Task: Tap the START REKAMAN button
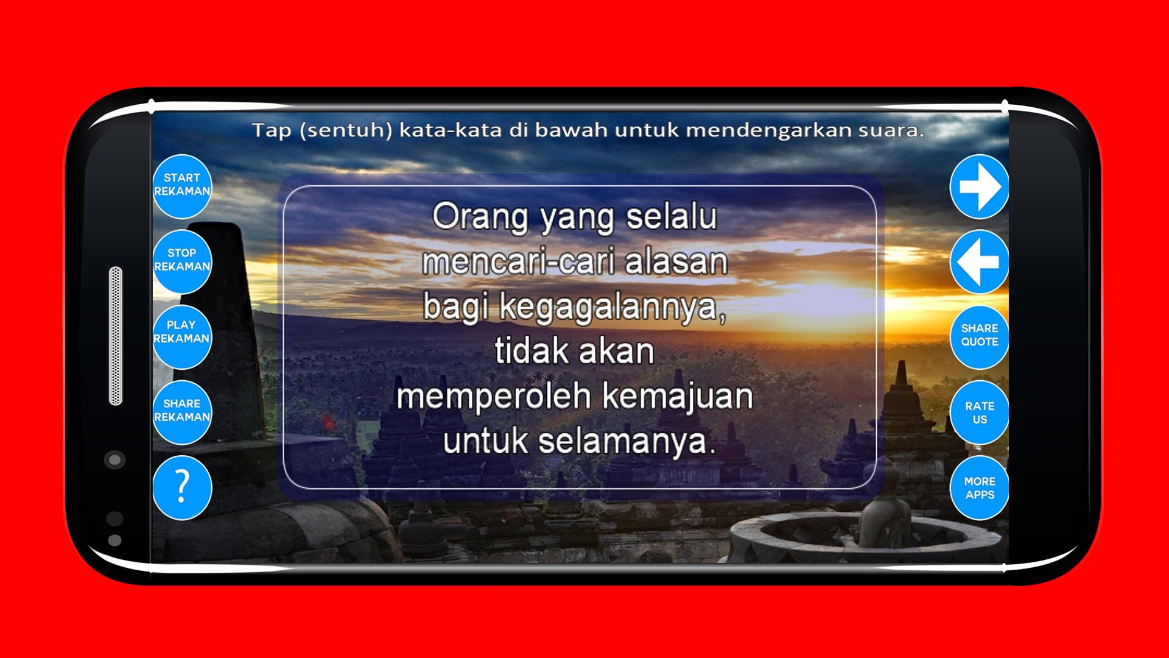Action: (x=182, y=186)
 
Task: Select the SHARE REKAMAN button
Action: (x=182, y=412)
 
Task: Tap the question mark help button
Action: (x=182, y=487)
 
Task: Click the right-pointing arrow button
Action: (x=979, y=186)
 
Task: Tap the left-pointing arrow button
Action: (x=979, y=262)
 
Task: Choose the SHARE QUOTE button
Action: (x=979, y=336)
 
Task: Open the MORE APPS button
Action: (x=979, y=487)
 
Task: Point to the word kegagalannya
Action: (x=613, y=308)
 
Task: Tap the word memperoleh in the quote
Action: (x=494, y=397)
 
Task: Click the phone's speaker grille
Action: (x=116, y=336)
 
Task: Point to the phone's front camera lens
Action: (x=114, y=459)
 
